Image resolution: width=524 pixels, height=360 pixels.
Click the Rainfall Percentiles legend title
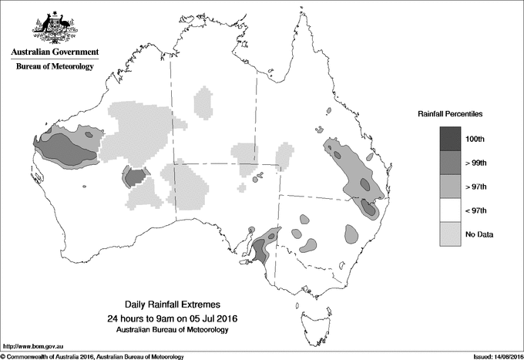tap(450, 113)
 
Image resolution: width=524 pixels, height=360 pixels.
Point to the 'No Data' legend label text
tap(478, 234)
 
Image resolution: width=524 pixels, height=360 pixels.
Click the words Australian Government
tap(55, 52)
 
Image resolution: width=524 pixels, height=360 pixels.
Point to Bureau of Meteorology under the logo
tap(55, 67)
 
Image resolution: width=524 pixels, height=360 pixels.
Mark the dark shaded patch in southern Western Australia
tap(136, 177)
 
